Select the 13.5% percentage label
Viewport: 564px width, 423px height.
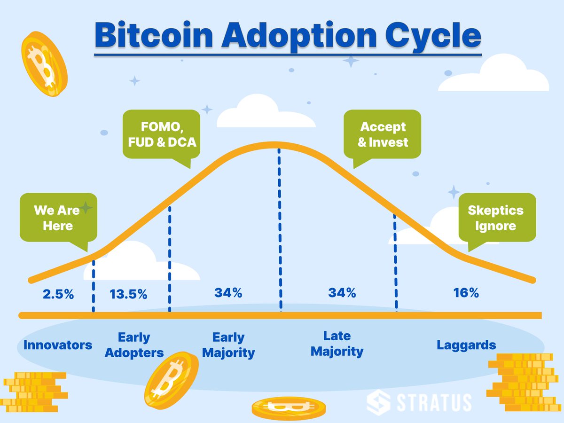click(x=128, y=295)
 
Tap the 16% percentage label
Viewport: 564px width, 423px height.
click(x=466, y=293)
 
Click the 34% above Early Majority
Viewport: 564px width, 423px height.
click(x=228, y=293)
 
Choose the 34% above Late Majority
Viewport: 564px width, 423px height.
click(x=342, y=293)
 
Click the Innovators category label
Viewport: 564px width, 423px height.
click(x=58, y=345)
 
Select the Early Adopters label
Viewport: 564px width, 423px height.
click(x=134, y=345)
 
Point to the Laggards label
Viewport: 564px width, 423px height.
click(x=466, y=345)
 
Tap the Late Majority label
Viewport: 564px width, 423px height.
click(x=337, y=344)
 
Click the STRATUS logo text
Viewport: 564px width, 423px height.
click(x=432, y=403)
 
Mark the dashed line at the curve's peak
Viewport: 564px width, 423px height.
click(x=281, y=230)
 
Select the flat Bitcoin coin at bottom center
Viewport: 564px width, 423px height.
click(x=288, y=407)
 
